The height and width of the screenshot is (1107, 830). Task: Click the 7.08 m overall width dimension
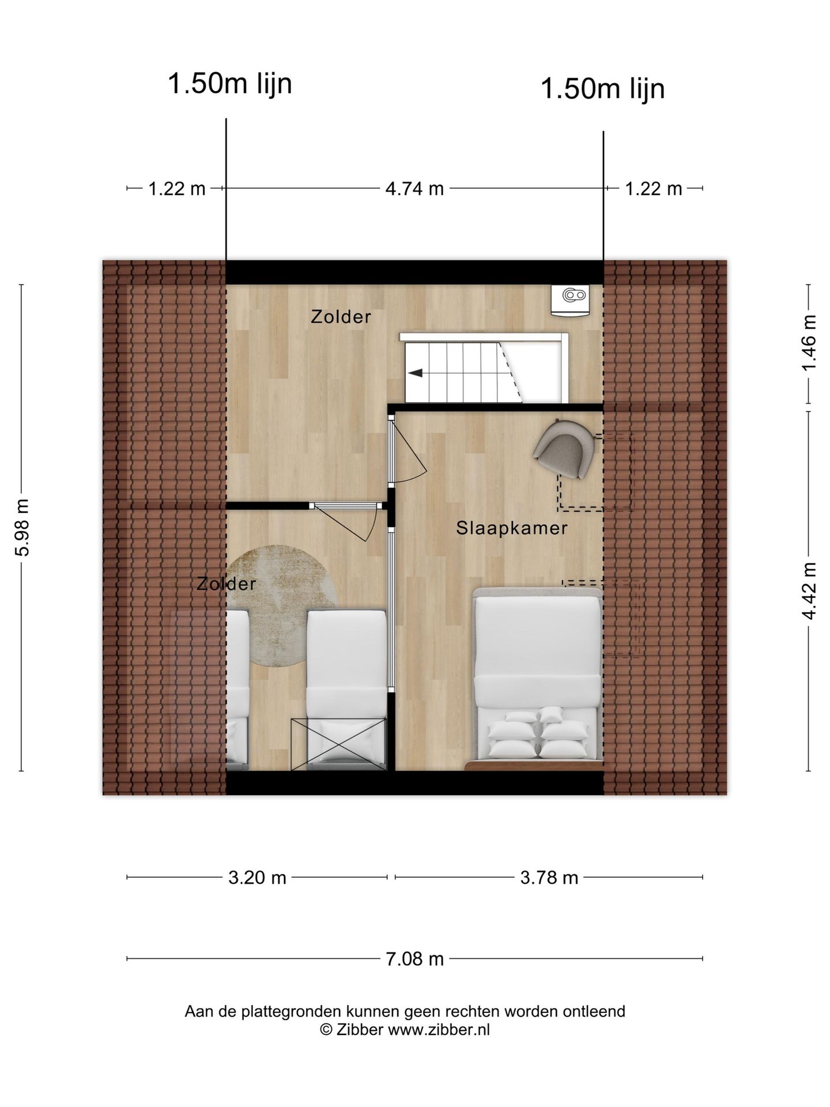414,959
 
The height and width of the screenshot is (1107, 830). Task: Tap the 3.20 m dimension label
257,878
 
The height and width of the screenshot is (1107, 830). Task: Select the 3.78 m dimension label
549,878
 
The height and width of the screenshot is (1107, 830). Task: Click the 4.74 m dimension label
414,189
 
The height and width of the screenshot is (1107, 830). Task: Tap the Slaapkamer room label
512,528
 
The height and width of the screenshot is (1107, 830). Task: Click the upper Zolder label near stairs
341,317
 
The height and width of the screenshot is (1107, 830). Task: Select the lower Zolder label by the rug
226,584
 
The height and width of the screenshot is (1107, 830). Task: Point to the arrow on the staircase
415,373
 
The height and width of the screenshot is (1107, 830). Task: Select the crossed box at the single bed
338,744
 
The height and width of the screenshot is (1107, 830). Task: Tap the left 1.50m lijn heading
229,84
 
